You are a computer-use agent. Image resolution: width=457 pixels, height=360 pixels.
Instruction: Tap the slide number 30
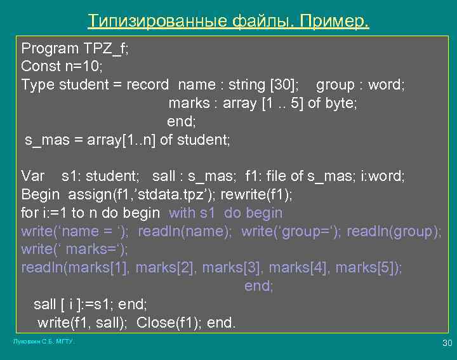click(x=447, y=343)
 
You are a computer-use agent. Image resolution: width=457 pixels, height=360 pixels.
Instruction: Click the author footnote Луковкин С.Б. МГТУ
click(x=44, y=342)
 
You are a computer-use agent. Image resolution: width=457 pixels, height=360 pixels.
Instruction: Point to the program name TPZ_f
click(x=106, y=48)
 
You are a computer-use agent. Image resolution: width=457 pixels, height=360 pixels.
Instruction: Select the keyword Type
click(x=36, y=84)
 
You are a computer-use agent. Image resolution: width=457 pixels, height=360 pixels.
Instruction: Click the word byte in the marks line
click(x=340, y=103)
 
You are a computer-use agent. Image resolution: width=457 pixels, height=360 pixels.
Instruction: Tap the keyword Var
click(x=34, y=176)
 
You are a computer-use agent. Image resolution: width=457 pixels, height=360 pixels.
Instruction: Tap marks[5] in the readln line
click(x=368, y=268)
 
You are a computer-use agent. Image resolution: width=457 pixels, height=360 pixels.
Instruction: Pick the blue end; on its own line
click(x=258, y=286)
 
